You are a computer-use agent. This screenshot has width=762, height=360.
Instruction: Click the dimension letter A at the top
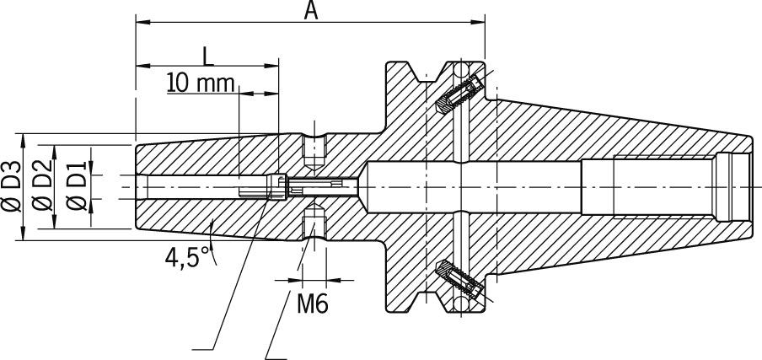point(310,11)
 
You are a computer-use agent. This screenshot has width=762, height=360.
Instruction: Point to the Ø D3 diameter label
point(11,187)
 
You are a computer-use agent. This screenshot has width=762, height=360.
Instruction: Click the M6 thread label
point(311,303)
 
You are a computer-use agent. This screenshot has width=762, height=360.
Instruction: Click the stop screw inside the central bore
point(312,186)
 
